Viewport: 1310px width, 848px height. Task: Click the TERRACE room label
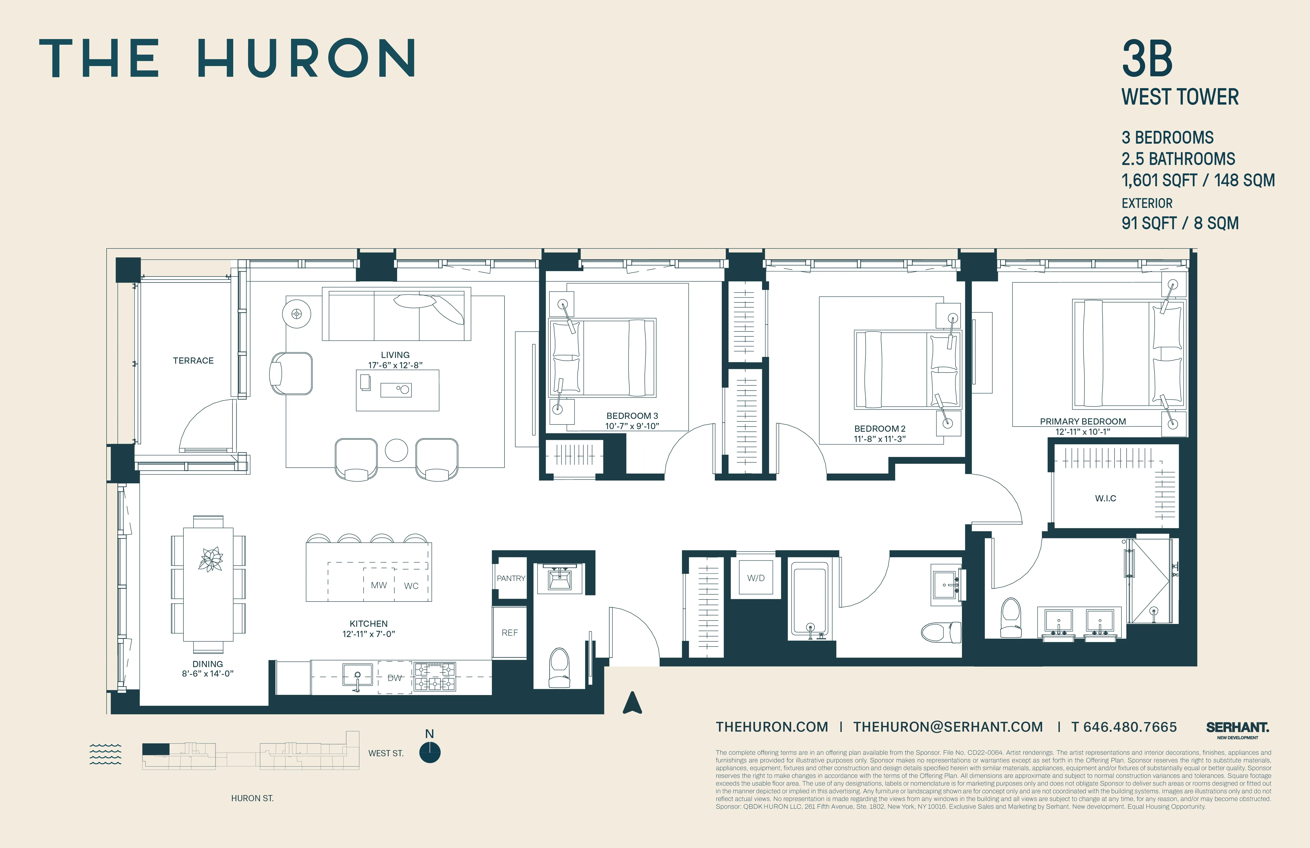pos(193,361)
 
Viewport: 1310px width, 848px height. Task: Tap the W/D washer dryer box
pos(756,578)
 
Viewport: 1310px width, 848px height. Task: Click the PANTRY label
pos(511,578)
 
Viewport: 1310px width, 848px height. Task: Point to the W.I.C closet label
pos(1105,498)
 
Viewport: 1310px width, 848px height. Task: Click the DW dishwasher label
pos(395,678)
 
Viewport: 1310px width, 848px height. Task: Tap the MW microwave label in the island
pos(379,585)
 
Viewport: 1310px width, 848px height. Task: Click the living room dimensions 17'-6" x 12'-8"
pos(395,365)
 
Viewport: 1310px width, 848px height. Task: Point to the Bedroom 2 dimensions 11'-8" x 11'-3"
pos(879,439)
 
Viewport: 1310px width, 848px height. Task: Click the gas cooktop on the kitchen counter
pos(435,677)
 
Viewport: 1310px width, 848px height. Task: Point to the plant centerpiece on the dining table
pos(210,560)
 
